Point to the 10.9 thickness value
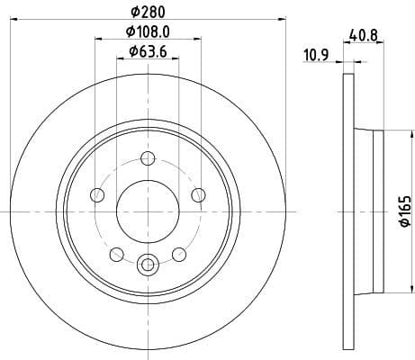point(314,56)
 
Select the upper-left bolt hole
point(96,196)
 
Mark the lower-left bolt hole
point(116,253)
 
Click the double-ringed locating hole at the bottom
point(148,265)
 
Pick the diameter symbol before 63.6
point(132,51)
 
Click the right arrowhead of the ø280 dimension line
point(281,20)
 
